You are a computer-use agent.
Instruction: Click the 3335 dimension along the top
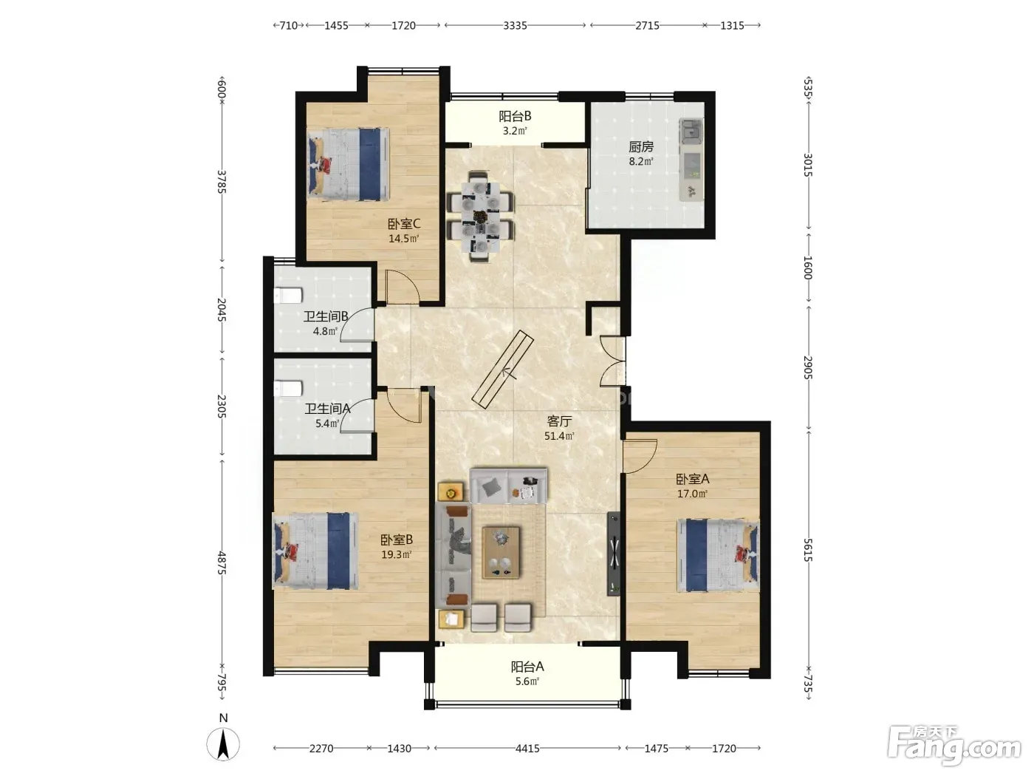pos(515,25)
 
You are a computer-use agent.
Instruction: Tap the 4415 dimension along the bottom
pos(527,748)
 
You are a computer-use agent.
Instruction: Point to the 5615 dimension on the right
pos(808,551)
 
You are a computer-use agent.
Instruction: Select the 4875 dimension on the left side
pos(222,562)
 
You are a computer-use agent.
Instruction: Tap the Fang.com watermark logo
pos(955,746)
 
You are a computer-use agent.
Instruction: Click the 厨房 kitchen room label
pos(641,147)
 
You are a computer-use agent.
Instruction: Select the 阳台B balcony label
pos(515,116)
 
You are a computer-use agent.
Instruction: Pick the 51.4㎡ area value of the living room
pos(559,436)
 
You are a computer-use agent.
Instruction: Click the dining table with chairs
pos(481,217)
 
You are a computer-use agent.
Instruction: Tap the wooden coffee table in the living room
pos(501,552)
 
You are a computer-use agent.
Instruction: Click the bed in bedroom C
pos(349,164)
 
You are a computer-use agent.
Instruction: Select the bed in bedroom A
pos(719,556)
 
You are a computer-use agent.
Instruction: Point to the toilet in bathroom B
pos(288,296)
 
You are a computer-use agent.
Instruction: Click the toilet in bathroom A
pos(288,389)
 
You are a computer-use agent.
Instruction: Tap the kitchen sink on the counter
pos(691,131)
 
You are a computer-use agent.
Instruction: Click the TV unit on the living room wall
pos(613,553)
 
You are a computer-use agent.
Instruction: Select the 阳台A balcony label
pos(527,667)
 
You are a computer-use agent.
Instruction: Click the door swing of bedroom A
pos(640,456)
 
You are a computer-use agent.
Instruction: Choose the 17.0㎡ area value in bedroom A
pos(692,494)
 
